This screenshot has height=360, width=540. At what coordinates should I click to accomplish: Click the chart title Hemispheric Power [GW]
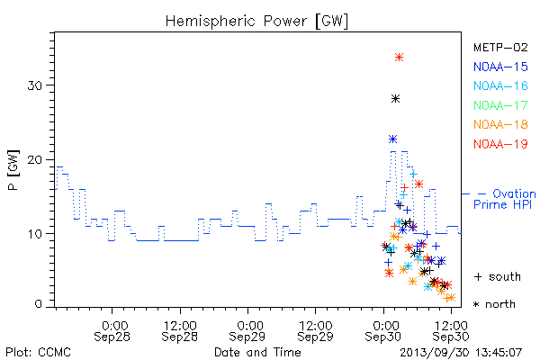tap(256, 22)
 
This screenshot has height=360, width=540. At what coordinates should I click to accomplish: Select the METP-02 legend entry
tap(500, 48)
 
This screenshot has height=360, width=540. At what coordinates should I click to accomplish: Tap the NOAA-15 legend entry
tap(500, 67)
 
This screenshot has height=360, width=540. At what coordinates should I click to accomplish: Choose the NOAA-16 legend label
tap(500, 85)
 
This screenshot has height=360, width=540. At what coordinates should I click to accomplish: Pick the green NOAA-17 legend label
tap(500, 105)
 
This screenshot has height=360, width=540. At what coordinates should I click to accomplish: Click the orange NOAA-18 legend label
tap(500, 124)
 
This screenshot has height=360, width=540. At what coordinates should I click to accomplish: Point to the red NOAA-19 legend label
tap(500, 144)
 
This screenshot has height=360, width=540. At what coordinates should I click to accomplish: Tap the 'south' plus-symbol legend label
tap(498, 276)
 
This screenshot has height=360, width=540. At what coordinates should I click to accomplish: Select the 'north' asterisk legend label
tap(494, 304)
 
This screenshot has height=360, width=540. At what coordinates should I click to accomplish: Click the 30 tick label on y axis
tap(35, 85)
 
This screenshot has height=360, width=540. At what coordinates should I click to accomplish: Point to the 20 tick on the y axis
tap(35, 160)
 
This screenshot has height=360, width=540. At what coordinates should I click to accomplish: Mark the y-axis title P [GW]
tap(13, 170)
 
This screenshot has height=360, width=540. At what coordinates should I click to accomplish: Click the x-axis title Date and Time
tap(257, 353)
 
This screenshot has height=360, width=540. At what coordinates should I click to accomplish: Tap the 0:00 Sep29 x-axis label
tap(247, 331)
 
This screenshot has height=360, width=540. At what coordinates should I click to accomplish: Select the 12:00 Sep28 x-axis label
tap(180, 331)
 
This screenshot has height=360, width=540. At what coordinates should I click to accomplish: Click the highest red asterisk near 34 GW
tap(399, 58)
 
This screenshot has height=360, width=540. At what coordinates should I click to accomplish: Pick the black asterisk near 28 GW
tap(396, 99)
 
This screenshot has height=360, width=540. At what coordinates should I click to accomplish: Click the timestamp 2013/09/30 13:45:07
tap(461, 353)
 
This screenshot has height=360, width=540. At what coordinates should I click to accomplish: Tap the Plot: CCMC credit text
tap(38, 353)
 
